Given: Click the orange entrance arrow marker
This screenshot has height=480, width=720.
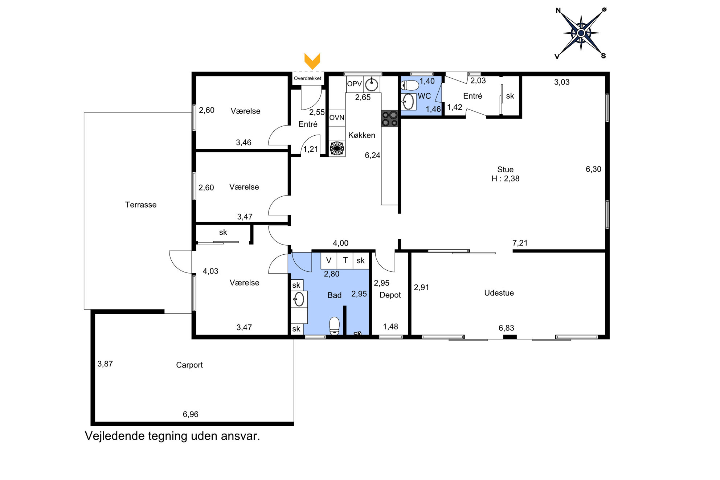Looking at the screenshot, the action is click(x=312, y=61).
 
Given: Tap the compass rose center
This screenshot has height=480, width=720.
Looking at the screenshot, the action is click(x=581, y=33).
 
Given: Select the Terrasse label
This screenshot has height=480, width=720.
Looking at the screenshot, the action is click(x=141, y=205).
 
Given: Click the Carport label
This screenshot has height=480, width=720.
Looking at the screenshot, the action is click(x=189, y=365).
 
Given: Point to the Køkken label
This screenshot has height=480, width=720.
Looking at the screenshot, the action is click(x=362, y=135).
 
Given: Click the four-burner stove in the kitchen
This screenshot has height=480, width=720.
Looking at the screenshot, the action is click(x=389, y=119).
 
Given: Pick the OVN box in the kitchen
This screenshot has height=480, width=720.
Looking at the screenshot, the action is click(x=337, y=118).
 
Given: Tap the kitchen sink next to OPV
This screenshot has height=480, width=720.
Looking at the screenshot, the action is click(x=372, y=85).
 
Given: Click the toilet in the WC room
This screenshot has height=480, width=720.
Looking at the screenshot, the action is click(x=410, y=85).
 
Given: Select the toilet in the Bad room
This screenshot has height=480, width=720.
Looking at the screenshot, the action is click(x=334, y=326).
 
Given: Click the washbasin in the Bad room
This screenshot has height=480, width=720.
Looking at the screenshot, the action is click(x=299, y=299).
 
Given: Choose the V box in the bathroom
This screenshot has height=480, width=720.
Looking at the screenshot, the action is click(x=329, y=260).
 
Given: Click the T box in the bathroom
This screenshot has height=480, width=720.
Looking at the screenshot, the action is click(x=345, y=260).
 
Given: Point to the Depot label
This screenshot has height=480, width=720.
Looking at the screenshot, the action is click(x=390, y=295).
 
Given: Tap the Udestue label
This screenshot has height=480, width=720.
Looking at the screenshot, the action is click(x=499, y=293).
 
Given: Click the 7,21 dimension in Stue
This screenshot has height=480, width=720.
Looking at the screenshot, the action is click(x=520, y=243).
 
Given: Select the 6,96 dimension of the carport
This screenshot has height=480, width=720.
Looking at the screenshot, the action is click(x=191, y=414).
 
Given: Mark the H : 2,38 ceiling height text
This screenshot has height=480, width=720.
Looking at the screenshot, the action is click(x=506, y=179).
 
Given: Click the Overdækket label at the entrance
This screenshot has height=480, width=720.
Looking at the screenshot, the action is click(x=307, y=78).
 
